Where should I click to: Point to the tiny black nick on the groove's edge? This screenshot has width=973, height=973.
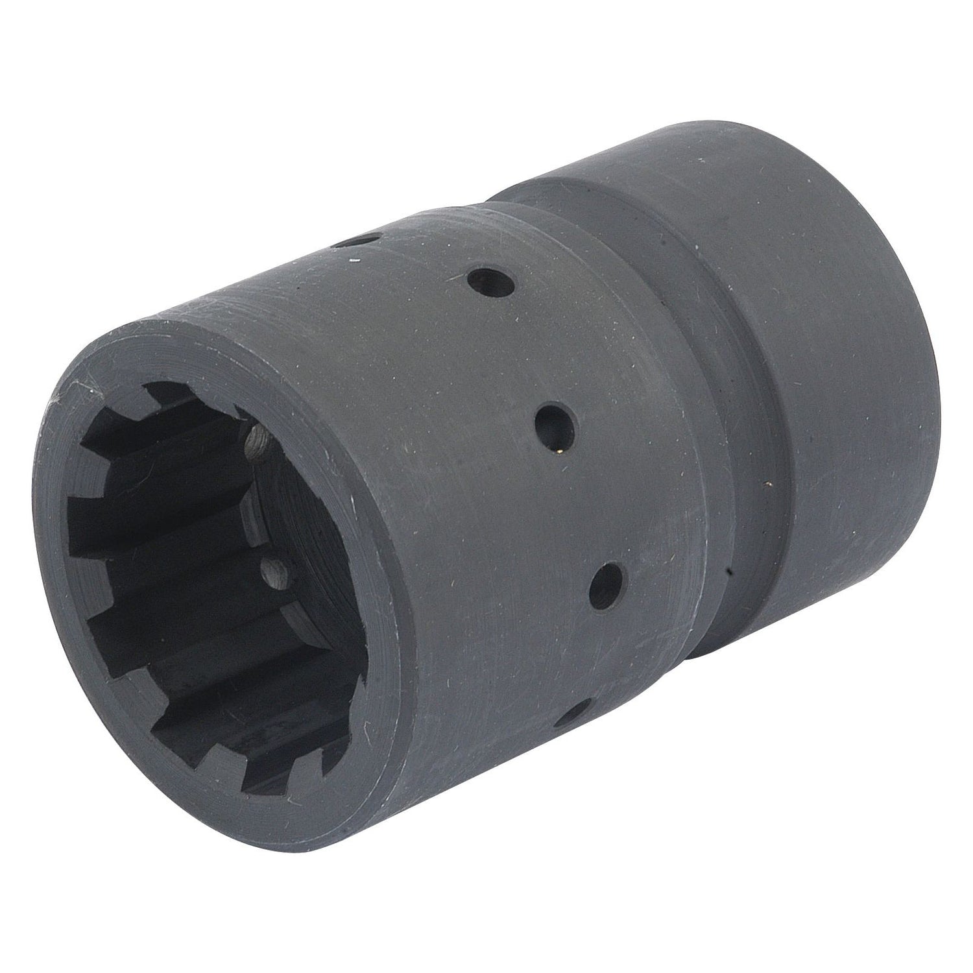[730, 573]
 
